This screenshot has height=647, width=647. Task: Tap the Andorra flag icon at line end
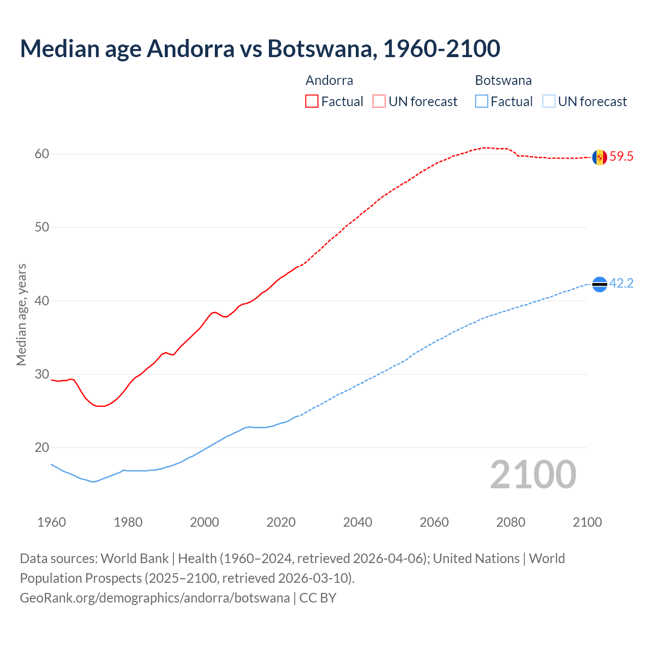tap(599, 157)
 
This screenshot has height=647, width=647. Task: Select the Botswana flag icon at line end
tap(599, 285)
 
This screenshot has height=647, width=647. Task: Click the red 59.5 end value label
tap(621, 157)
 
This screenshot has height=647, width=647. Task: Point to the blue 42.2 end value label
tap(621, 284)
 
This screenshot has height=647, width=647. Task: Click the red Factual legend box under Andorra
tap(312, 102)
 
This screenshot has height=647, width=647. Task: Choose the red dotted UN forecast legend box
tap(379, 102)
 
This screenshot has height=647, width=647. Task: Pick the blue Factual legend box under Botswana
tap(482, 102)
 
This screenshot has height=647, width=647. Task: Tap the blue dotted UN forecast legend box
tap(549, 102)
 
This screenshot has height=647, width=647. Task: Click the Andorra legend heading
tap(329, 80)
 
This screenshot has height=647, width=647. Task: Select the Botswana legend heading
tap(503, 80)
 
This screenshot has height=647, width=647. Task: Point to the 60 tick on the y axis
tap(42, 154)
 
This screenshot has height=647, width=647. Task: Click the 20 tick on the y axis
tap(42, 448)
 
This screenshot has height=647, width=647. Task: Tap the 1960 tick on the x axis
tap(52, 522)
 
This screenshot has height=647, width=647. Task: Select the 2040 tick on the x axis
tap(357, 522)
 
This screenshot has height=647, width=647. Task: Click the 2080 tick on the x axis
tap(511, 522)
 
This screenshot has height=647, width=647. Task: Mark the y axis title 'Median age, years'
tap(21, 314)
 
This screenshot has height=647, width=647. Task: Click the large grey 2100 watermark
tap(533, 475)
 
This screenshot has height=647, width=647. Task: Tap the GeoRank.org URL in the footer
tap(155, 598)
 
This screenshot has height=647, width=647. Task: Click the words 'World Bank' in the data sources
tap(134, 559)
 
